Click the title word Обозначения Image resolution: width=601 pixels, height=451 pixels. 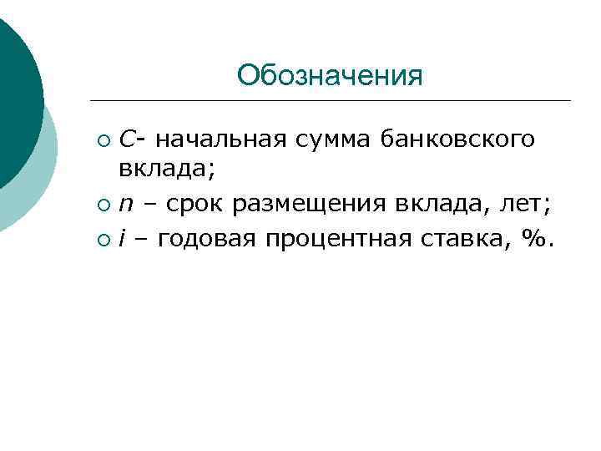[330, 76]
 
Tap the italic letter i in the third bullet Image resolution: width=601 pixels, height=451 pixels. [122, 240]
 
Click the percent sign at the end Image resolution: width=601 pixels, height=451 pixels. [534, 240]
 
